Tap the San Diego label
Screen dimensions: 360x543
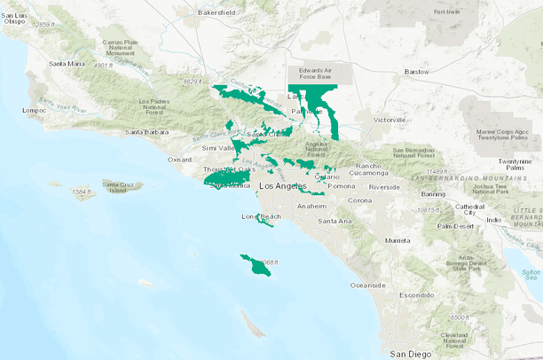click(x=411, y=353)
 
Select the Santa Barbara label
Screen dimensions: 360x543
click(x=146, y=132)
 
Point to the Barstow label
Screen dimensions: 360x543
click(x=416, y=71)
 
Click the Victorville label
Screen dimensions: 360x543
click(x=389, y=119)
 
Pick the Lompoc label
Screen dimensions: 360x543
click(x=34, y=111)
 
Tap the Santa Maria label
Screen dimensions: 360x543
click(x=67, y=64)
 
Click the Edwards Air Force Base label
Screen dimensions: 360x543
click(x=321, y=74)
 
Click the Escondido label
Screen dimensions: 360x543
click(x=416, y=294)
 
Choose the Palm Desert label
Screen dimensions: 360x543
click(x=455, y=225)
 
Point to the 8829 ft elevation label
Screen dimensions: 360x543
click(x=194, y=82)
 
